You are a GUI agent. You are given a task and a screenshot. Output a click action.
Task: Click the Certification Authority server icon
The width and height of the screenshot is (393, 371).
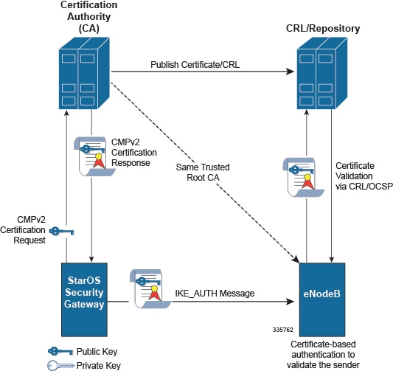[84, 73]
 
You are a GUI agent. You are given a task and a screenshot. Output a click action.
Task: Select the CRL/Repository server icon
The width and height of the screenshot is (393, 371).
[322, 73]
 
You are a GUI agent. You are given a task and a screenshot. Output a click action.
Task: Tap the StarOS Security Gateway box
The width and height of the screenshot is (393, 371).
[84, 299]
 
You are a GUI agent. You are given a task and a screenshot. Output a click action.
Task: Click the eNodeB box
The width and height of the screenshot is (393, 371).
[322, 299]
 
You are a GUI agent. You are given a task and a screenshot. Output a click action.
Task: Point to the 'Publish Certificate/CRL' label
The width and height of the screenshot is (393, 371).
[195, 65]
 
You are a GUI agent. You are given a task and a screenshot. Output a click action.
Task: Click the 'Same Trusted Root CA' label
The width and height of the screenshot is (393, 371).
[203, 172]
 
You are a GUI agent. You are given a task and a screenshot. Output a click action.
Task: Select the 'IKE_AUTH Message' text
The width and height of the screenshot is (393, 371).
[215, 293]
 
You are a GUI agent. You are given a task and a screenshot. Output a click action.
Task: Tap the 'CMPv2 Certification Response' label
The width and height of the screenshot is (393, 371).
[134, 153]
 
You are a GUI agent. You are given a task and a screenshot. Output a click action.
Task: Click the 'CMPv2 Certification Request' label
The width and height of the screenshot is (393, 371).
[23, 230]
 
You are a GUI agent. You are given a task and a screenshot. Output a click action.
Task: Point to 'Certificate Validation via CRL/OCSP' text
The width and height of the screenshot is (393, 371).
[364, 176]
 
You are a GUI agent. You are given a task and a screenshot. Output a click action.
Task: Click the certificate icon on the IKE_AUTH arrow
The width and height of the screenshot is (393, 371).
[150, 289]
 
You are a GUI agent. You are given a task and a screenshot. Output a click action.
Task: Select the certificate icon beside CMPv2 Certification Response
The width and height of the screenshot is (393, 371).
[94, 156]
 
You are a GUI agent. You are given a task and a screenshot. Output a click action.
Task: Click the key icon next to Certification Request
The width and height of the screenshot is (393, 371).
[61, 231]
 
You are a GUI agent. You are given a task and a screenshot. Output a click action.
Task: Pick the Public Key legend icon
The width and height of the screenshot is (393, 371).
[60, 351]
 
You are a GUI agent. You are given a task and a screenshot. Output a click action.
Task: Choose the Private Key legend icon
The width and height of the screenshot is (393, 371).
[60, 365]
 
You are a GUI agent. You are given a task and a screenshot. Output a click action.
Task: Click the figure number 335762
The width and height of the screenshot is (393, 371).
[283, 330]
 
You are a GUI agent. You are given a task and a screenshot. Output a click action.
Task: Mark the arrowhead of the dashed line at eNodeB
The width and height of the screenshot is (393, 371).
[296, 260]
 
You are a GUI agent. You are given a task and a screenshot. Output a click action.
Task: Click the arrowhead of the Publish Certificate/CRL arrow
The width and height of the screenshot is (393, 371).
[290, 72]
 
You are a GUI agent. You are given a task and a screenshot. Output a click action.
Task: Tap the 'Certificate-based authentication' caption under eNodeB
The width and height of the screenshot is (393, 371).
[323, 355]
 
